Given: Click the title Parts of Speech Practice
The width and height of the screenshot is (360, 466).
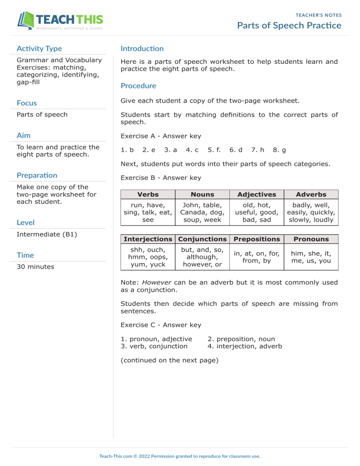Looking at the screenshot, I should coord(289,25).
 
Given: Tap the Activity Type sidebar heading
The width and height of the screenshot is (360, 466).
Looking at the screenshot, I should coord(39,48).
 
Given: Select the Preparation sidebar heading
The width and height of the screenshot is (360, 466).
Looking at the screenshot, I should coord(37,175).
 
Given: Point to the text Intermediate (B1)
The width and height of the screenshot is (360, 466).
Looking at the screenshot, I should coord(46,233).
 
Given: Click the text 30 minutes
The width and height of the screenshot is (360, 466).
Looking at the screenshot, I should coord(35,266).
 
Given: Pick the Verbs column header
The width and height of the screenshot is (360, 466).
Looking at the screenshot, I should coord(147,194).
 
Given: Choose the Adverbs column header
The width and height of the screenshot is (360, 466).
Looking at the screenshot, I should coord(311,194).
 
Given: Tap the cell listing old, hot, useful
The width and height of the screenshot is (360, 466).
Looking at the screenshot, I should coord(256,212).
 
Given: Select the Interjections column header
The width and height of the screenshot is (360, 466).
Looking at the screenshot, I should coord(147,239).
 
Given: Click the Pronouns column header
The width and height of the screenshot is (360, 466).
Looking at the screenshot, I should coord(311,239).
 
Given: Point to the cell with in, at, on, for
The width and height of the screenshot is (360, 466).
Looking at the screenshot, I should coord(256,256).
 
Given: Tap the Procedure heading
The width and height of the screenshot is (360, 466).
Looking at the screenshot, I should coord(138,86).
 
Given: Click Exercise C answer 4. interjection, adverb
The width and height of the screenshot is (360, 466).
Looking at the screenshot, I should coord(244,346).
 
